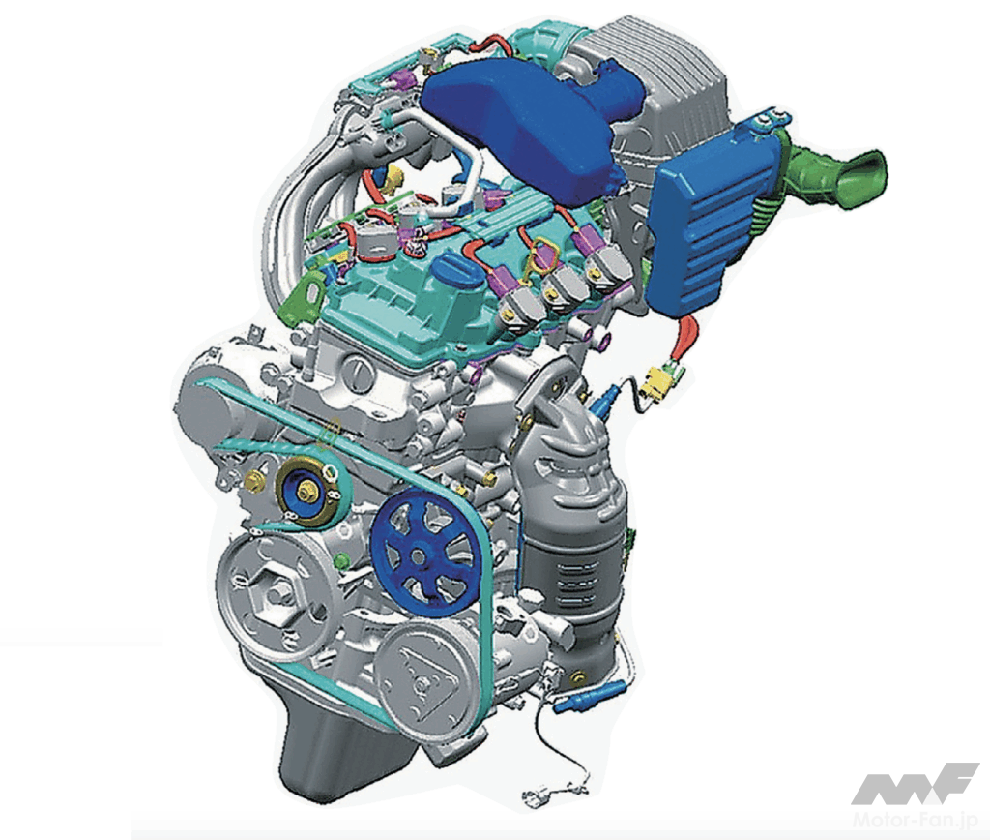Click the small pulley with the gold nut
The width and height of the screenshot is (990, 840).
[x=307, y=491]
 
